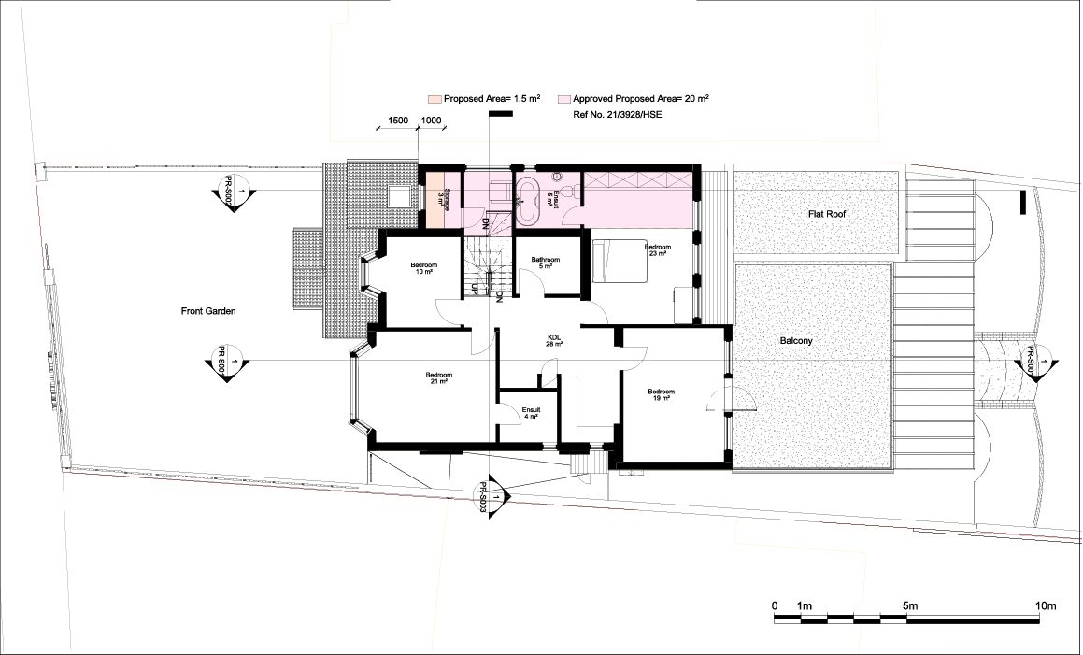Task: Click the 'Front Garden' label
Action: pyautogui.click(x=207, y=310)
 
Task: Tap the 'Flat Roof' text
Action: pyautogui.click(x=833, y=214)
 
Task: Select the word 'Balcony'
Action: pyautogui.click(x=796, y=341)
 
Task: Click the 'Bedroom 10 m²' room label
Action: pyautogui.click(x=423, y=268)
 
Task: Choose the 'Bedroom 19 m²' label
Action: pyautogui.click(x=662, y=394)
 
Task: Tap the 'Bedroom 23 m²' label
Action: pyautogui.click(x=656, y=249)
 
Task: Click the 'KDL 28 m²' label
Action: pyautogui.click(x=554, y=340)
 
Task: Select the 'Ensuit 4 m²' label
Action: pyautogui.click(x=531, y=412)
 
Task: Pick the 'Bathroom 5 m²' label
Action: pyautogui.click(x=545, y=262)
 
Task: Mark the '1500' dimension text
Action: pyautogui.click(x=397, y=121)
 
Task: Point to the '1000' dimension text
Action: pyautogui.click(x=431, y=121)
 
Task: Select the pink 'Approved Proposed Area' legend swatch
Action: pyautogui.click(x=563, y=98)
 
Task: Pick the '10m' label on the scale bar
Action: pyautogui.click(x=1044, y=606)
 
